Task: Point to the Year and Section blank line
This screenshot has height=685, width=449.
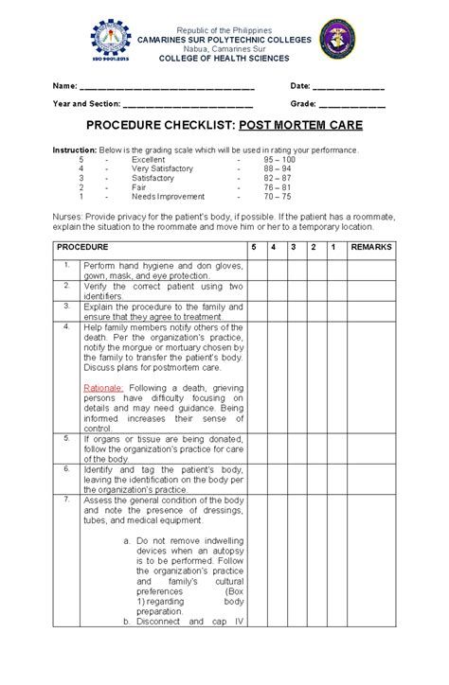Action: (x=189, y=105)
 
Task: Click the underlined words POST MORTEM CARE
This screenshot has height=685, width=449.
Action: (x=301, y=124)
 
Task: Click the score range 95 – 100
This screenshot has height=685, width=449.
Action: (x=278, y=161)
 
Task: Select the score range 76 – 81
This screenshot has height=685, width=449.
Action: (x=278, y=187)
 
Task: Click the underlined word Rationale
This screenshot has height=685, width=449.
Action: (x=102, y=388)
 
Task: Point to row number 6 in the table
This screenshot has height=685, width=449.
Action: (x=67, y=468)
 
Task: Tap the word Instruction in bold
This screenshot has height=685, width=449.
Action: (x=74, y=150)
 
